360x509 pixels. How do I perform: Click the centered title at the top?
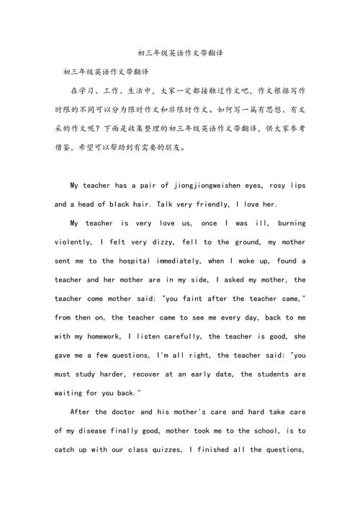pos(180,53)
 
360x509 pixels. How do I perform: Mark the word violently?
pos(74,243)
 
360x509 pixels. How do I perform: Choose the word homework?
pos(99,337)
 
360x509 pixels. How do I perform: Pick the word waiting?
pos(70,393)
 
